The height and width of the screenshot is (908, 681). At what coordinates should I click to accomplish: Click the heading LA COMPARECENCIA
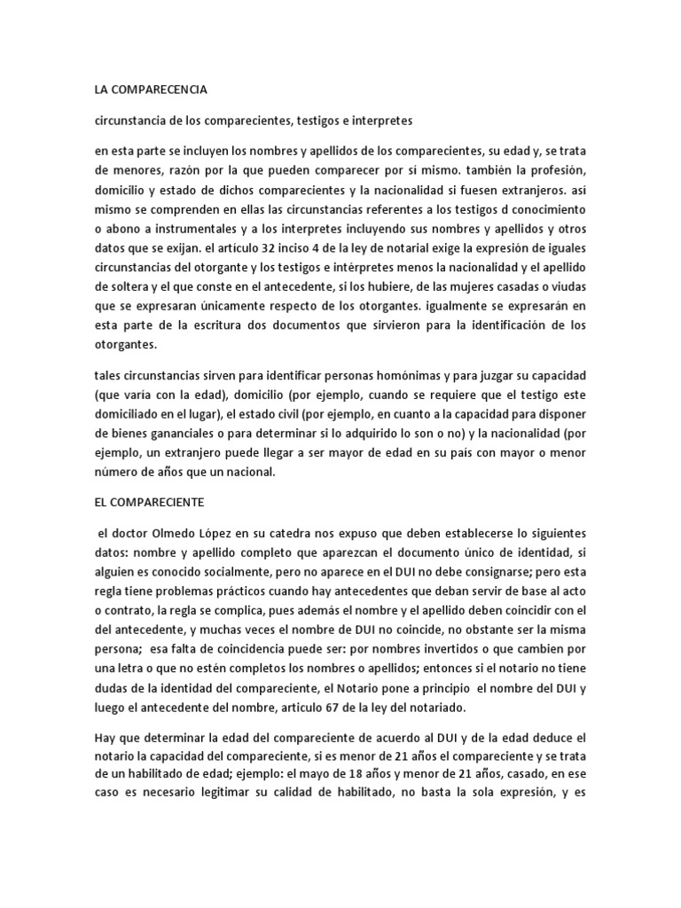coord(151,90)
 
